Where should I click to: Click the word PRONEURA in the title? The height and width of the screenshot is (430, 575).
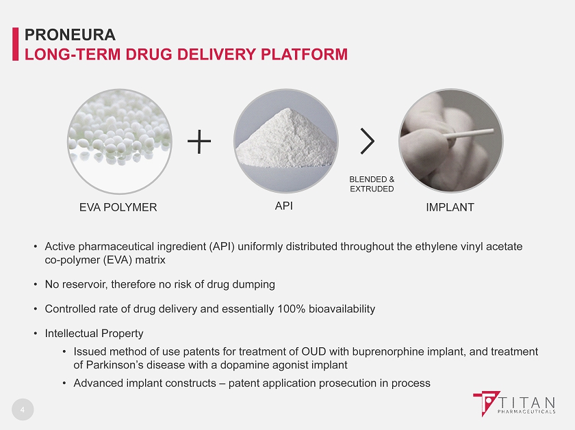[x=70, y=35]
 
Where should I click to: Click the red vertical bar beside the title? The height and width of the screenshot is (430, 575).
[x=15, y=44]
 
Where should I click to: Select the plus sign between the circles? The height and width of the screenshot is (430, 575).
[x=199, y=141]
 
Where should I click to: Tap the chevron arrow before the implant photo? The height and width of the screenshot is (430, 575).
[x=368, y=141]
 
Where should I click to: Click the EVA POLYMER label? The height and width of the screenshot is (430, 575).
[x=118, y=207]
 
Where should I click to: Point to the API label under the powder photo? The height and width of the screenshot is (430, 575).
[x=284, y=206]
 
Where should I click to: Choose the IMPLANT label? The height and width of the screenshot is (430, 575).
[x=450, y=207]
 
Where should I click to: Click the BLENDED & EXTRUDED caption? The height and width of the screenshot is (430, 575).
[x=372, y=184]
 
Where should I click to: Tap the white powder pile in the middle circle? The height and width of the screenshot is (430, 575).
[x=286, y=139]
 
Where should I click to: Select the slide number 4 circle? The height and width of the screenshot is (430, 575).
[x=23, y=409]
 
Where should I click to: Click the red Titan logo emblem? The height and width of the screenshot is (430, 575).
[x=486, y=403]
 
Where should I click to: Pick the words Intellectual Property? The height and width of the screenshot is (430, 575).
[x=94, y=334]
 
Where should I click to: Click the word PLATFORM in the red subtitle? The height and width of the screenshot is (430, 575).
[x=305, y=54]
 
